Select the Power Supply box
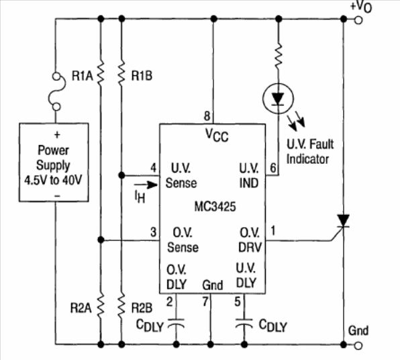coord(54,163)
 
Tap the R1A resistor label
coord(82,76)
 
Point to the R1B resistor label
coord(142,76)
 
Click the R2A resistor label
coord(81,308)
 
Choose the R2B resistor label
coord(142,308)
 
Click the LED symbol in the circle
coord(278,99)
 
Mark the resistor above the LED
coord(279,56)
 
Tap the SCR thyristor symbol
coord(342,224)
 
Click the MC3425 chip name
coord(215,207)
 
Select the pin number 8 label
coord(207,116)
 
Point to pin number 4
coord(153,168)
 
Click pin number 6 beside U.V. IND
coord(273,168)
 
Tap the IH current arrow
coord(146,185)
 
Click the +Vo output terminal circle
coord(358,20)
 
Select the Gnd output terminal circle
coord(358,345)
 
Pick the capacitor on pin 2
coord(176,322)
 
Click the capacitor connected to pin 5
coord(244,322)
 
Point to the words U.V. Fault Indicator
coord(310,152)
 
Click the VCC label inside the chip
coord(217,135)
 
